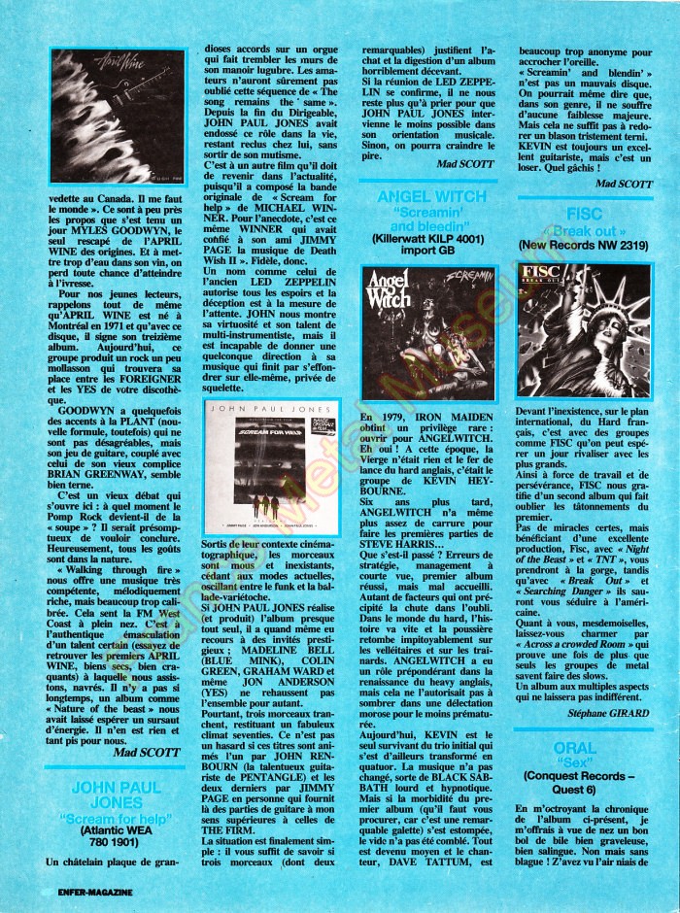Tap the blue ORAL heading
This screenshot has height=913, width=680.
587,747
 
